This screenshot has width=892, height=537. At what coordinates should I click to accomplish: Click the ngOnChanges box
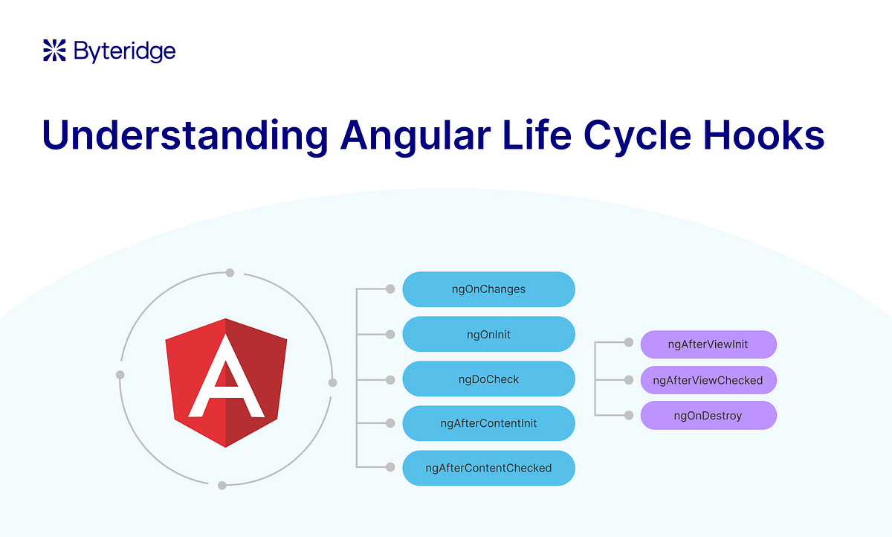[x=488, y=289]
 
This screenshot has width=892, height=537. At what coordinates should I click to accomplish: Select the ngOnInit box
[x=488, y=335]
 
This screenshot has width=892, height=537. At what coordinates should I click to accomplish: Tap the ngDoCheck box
[x=488, y=379]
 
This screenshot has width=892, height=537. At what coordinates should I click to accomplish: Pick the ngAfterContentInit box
[x=488, y=424]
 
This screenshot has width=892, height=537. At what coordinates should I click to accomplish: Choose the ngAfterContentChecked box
[x=488, y=468]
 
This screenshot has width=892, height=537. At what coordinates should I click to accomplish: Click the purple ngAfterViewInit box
[x=708, y=344]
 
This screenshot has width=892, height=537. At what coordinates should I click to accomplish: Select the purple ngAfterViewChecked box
[x=708, y=380]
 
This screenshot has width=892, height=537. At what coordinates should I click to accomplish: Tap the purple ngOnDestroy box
[x=708, y=416]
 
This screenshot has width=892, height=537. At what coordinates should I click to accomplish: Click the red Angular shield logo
[x=226, y=382]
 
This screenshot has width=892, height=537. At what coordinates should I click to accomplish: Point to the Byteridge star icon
[x=55, y=51]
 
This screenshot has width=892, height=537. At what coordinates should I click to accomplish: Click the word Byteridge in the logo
[x=124, y=51]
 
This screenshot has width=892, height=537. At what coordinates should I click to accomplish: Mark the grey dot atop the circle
[x=230, y=273]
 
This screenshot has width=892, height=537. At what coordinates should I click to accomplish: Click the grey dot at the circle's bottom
[x=222, y=485]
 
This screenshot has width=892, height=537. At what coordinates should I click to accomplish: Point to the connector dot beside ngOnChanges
[x=390, y=289]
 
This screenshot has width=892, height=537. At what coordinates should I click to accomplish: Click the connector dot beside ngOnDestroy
[x=628, y=415]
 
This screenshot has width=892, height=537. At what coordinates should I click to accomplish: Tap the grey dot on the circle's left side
[x=120, y=374]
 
